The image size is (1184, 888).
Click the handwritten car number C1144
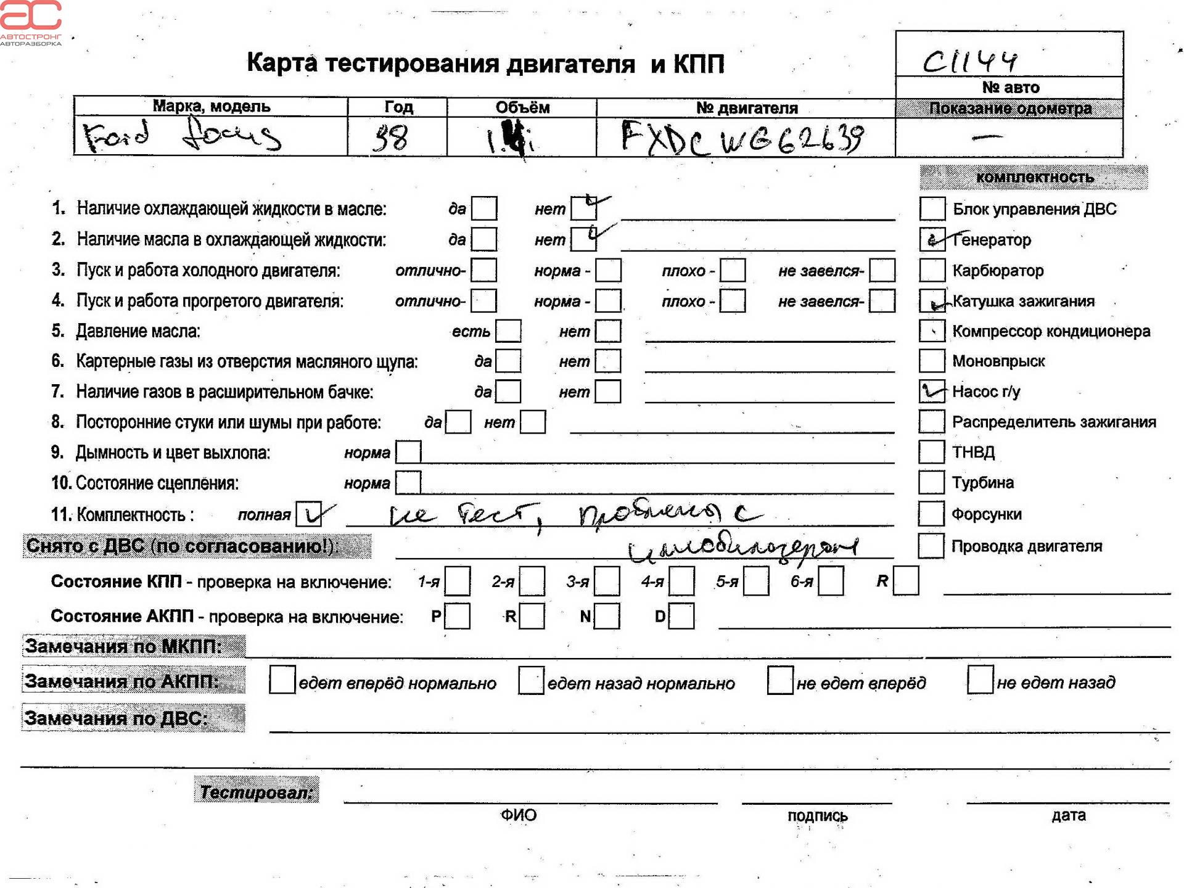point(969,61)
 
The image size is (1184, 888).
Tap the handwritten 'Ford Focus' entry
point(183,136)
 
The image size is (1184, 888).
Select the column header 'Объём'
point(522,107)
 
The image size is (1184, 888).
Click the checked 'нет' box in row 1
point(583,208)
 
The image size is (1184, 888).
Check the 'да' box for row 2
point(484,239)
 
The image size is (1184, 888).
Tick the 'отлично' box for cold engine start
point(484,270)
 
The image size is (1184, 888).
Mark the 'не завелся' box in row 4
point(882,301)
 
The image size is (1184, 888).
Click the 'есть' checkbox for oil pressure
point(509,331)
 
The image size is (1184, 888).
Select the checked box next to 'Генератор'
point(932,239)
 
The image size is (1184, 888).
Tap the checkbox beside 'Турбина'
point(931,482)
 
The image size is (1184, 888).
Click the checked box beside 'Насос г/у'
point(932,391)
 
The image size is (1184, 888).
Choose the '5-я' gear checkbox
point(756,582)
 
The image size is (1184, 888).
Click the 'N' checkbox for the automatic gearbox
point(607,616)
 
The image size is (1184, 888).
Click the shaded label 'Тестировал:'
point(257,791)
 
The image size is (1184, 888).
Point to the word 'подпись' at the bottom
point(817,816)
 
